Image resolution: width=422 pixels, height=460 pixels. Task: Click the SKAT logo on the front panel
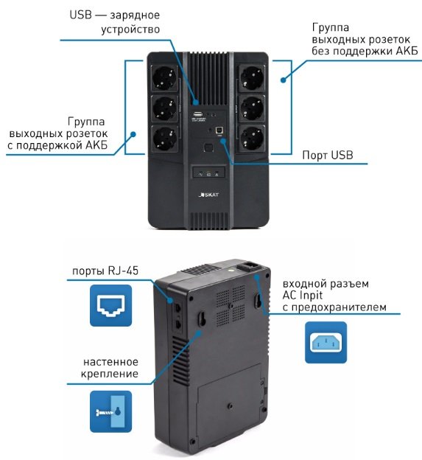(208, 195)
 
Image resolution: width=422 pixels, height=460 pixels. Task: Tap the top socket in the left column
(165, 78)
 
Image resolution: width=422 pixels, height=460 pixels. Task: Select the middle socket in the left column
(165, 108)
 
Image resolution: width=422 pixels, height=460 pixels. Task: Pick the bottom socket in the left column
(165, 139)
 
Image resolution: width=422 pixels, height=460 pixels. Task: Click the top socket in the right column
(251, 78)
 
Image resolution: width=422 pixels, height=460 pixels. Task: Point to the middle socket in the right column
(251, 108)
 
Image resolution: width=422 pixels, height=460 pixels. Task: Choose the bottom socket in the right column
(251, 139)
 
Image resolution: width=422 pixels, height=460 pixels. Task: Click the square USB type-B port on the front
(219, 130)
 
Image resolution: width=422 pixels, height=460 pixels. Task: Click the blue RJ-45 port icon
(110, 305)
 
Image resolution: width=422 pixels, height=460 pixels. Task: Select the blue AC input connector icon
(326, 342)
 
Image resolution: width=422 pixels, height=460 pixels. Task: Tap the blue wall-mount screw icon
(110, 411)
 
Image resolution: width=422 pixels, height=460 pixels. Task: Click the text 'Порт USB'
(328, 155)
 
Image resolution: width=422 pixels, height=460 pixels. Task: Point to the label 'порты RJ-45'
(105, 271)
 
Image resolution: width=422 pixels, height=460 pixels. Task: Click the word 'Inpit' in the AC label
(311, 295)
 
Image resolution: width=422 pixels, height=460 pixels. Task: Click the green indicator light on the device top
(231, 268)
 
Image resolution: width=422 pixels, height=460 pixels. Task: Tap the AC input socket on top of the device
(248, 267)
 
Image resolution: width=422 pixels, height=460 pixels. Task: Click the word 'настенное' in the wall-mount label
(110, 362)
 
